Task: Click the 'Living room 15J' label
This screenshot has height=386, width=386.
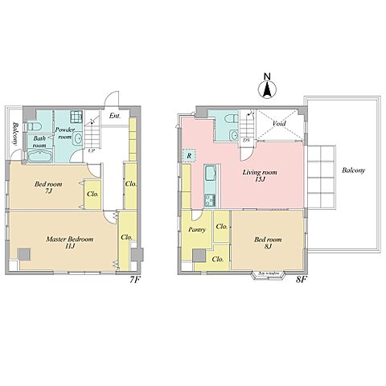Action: click(260, 176)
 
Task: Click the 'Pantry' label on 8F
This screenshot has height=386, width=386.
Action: click(197, 229)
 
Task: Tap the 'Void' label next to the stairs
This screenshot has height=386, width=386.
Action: click(279, 124)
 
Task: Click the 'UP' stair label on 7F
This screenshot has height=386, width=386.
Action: click(91, 150)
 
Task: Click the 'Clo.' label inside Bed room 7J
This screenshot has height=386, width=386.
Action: click(92, 194)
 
